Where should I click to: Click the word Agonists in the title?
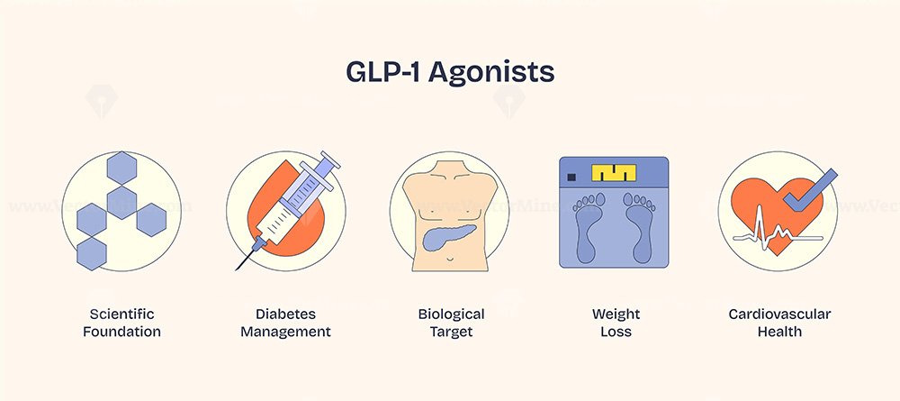pyautogui.click(x=490, y=73)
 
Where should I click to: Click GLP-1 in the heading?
pyautogui.click(x=382, y=71)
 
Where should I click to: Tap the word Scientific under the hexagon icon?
pyautogui.click(x=121, y=314)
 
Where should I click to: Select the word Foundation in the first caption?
pyautogui.click(x=121, y=332)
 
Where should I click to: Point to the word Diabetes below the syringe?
pyautogui.click(x=286, y=314)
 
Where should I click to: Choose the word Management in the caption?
pyautogui.click(x=286, y=333)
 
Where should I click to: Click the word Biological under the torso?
pyautogui.click(x=451, y=314)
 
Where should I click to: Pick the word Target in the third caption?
pyautogui.click(x=451, y=332)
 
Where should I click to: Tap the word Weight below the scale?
pyautogui.click(x=616, y=314)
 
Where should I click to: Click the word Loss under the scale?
pyautogui.click(x=616, y=332)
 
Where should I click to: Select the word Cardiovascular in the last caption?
pyautogui.click(x=779, y=314)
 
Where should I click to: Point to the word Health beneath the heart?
pyautogui.click(x=779, y=332)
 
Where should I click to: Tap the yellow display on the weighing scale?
pyautogui.click(x=614, y=172)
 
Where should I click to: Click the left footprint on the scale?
pyautogui.click(x=587, y=226)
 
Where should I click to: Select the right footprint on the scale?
pyautogui.click(x=639, y=226)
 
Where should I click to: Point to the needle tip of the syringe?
pyautogui.click(x=237, y=269)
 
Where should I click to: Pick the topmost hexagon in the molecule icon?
pyautogui.click(x=121, y=168)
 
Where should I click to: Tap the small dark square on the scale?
pyautogui.click(x=571, y=177)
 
